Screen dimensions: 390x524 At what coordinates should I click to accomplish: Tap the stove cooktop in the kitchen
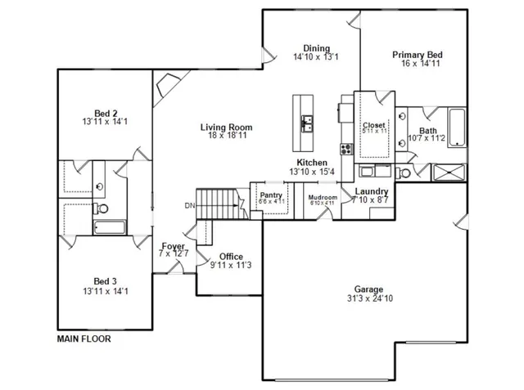pyautogui.click(x=346, y=150)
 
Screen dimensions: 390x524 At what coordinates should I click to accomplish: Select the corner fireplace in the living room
pyautogui.click(x=169, y=83)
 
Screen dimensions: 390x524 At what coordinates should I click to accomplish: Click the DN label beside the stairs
pyautogui.click(x=189, y=204)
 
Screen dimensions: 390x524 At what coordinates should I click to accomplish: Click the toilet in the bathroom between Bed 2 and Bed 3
pyautogui.click(x=99, y=186)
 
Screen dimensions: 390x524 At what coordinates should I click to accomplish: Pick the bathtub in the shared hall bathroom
pyautogui.click(x=109, y=228)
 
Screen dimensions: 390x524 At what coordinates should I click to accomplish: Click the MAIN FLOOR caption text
pyautogui.click(x=84, y=338)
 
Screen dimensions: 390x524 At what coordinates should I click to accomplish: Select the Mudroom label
pyautogui.click(x=323, y=198)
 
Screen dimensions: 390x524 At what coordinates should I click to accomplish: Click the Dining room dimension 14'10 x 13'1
pyautogui.click(x=316, y=57)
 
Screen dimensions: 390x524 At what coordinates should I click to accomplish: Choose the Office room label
pyautogui.click(x=231, y=256)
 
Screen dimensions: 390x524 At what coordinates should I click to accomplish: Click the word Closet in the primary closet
pyautogui.click(x=374, y=124)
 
